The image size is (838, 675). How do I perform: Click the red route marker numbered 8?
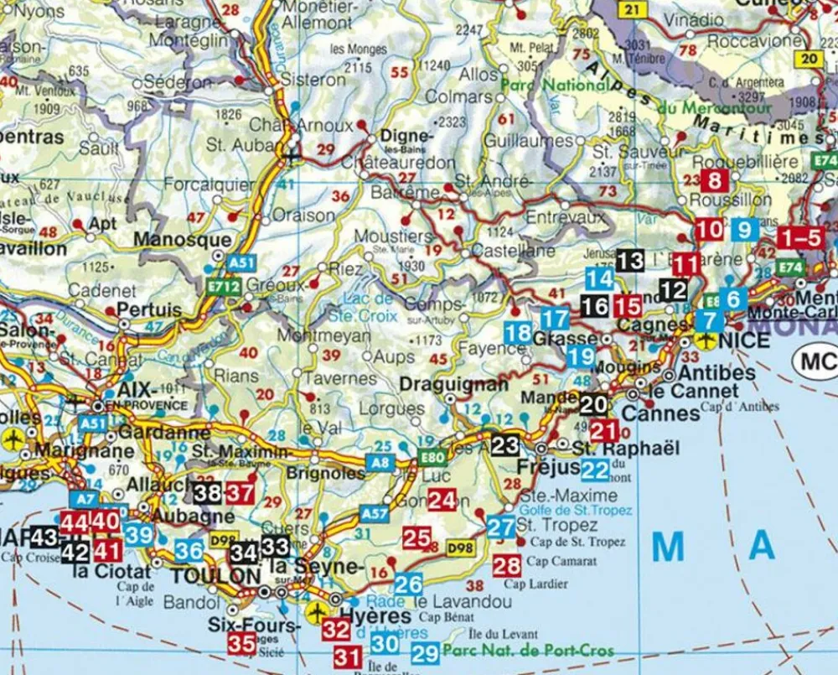point(715,180)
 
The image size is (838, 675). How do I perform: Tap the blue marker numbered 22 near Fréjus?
point(595,470)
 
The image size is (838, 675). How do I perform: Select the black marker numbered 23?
point(505,445)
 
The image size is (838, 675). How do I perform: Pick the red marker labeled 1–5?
point(799,237)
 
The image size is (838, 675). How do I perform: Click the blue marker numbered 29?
point(425,653)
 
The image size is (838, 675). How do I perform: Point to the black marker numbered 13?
point(630,261)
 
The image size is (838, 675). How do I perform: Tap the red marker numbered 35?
point(242,644)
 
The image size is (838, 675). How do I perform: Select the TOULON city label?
point(215,576)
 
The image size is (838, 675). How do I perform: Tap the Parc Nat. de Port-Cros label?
point(528,651)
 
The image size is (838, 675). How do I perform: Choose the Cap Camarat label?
point(562,562)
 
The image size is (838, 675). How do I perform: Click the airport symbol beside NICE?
point(706,340)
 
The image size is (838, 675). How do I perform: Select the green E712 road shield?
point(228,287)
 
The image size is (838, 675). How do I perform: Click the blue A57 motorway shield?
point(374,512)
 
